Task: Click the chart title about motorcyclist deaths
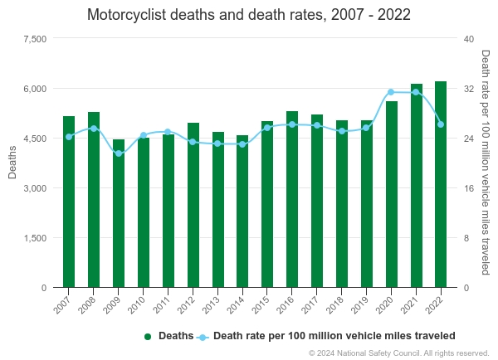pyautogui.click(x=249, y=16)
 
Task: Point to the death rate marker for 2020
pyautogui.click(x=391, y=92)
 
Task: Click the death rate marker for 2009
pyautogui.click(x=119, y=153)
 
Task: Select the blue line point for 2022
pyautogui.click(x=441, y=124)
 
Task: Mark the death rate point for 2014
pyautogui.click(x=242, y=144)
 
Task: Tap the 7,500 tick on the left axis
pyautogui.click(x=34, y=39)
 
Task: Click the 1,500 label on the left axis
pyautogui.click(x=34, y=238)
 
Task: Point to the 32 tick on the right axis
pyautogui.click(x=468, y=89)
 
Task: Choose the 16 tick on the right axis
pyautogui.click(x=468, y=188)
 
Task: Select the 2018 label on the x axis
pyautogui.click(x=336, y=303)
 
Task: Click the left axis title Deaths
pyautogui.click(x=12, y=162)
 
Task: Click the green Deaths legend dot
pyautogui.click(x=148, y=337)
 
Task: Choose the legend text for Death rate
pyautogui.click(x=334, y=336)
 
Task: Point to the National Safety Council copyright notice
pyautogui.click(x=398, y=353)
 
